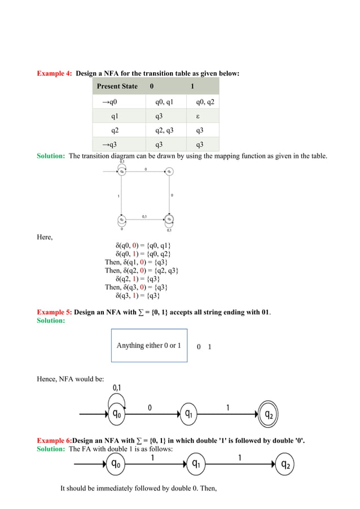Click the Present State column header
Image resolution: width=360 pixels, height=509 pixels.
(117, 86)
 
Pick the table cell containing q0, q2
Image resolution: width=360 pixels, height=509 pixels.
(205, 102)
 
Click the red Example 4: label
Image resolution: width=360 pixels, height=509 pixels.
(54, 73)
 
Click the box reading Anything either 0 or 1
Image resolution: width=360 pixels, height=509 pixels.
(149, 345)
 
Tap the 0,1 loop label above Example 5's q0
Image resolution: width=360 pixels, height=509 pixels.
(119, 388)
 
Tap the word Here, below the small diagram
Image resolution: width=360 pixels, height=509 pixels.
(45, 236)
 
